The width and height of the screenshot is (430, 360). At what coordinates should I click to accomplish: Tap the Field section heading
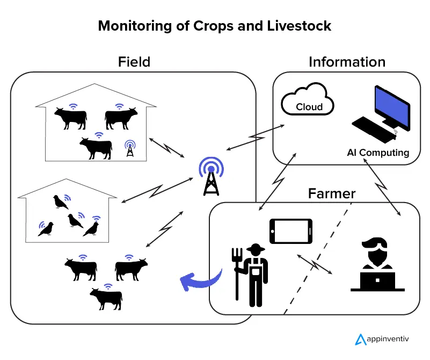click(134, 62)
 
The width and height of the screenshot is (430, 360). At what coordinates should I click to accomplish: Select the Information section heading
click(347, 62)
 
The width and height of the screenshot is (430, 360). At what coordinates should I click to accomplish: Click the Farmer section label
click(331, 193)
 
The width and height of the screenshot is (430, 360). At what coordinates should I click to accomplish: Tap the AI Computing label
click(377, 153)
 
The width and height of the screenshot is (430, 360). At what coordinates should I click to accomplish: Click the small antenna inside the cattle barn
click(129, 149)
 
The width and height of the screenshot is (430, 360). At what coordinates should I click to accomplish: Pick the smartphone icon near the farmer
click(290, 231)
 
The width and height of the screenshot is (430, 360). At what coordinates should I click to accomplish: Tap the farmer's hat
click(254, 248)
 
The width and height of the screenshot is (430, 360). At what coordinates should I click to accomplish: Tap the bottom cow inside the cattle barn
click(96, 147)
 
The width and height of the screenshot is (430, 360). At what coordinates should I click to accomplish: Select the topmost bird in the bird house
click(59, 202)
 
